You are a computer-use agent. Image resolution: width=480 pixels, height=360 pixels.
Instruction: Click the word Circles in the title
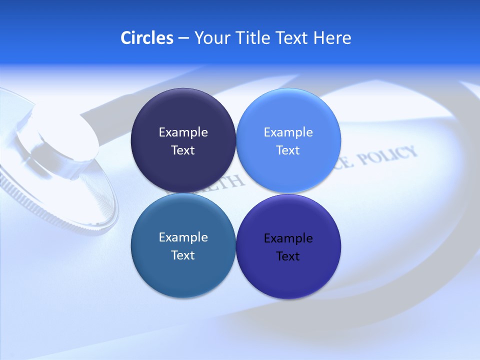(x=147, y=38)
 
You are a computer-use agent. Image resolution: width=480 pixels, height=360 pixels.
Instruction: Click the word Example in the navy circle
(x=183, y=132)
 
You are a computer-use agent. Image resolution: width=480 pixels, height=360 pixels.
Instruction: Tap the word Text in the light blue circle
(x=288, y=150)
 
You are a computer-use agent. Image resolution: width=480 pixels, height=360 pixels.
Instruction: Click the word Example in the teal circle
(x=183, y=237)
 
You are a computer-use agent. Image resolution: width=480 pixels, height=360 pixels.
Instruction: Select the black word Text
(x=288, y=256)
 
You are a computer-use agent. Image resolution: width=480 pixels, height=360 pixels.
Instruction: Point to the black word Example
(x=288, y=238)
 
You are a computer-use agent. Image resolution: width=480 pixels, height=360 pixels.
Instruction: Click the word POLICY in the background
(x=387, y=157)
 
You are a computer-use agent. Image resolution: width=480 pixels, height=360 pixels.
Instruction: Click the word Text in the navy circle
(x=183, y=150)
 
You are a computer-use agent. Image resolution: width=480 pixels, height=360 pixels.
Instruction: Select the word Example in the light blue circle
(x=288, y=132)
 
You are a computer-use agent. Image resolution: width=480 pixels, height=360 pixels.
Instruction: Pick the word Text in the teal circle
(x=183, y=255)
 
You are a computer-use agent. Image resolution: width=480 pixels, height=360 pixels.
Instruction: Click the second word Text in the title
(x=292, y=38)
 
